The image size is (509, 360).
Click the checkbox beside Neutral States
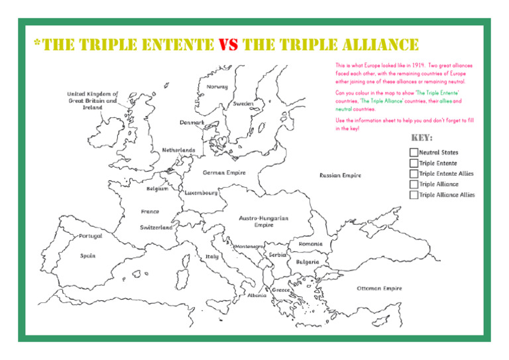pos(414,152)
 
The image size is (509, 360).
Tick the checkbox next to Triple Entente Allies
pos(414,174)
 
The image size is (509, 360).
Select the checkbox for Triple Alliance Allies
pos(414,195)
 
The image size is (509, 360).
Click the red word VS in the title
pos(228,44)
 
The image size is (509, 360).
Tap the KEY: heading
pos(422,139)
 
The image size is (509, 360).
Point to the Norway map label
pos(217,87)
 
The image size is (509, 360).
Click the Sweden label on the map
pos(244,104)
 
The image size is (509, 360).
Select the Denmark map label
pos(192,123)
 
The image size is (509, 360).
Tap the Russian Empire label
pos(340,176)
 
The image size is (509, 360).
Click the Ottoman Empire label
pos(379,288)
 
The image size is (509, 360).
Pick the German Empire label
pos(224,172)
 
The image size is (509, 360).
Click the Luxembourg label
pos(201,193)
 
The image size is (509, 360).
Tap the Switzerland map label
pos(156,227)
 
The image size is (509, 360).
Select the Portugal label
pos(90,235)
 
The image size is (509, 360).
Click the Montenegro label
pos(250,245)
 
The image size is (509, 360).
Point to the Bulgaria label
pos(307,261)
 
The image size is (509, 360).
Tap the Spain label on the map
pos(87,255)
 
